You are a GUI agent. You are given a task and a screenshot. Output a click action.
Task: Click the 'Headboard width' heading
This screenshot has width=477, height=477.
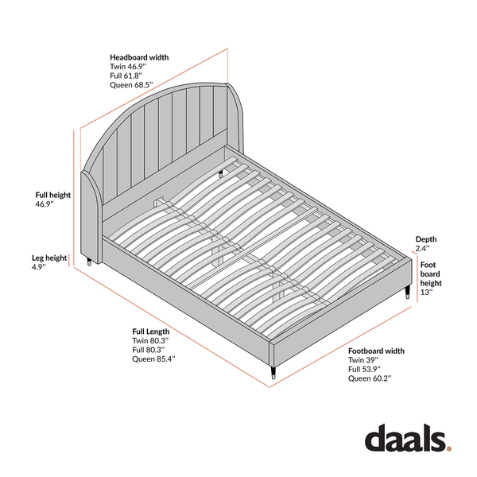(x=139, y=57)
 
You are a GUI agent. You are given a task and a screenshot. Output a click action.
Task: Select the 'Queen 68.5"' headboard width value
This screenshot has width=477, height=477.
(x=131, y=85)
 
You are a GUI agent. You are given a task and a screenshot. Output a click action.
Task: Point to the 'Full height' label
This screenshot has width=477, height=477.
(x=53, y=195)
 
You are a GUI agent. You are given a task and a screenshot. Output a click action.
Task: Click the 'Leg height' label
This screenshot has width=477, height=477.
(x=49, y=258)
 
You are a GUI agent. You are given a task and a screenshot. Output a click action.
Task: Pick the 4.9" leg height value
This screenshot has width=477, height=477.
(x=39, y=267)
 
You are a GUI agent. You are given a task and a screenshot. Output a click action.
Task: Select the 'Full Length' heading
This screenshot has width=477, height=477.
(x=151, y=332)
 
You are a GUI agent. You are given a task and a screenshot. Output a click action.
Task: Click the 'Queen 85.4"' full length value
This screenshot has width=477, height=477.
(x=154, y=359)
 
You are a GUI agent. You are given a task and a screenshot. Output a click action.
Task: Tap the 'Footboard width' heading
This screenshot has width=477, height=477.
(x=376, y=351)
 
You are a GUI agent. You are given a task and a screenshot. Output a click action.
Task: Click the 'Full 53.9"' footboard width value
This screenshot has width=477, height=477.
(x=365, y=370)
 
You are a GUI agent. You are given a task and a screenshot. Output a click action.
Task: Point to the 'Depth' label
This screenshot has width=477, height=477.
(x=426, y=239)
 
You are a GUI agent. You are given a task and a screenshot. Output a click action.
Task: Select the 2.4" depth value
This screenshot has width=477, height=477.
(x=423, y=249)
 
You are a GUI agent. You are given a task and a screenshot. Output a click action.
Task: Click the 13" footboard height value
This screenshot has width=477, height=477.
(x=426, y=293)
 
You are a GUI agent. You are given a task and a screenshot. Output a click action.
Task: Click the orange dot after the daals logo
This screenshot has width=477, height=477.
(x=448, y=448)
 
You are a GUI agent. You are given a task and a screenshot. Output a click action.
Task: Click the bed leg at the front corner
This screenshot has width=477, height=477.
(x=273, y=373)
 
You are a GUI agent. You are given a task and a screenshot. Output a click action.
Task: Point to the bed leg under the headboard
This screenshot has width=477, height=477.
(x=89, y=262)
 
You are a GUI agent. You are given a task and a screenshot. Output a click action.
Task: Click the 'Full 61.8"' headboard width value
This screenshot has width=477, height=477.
(x=126, y=76)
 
